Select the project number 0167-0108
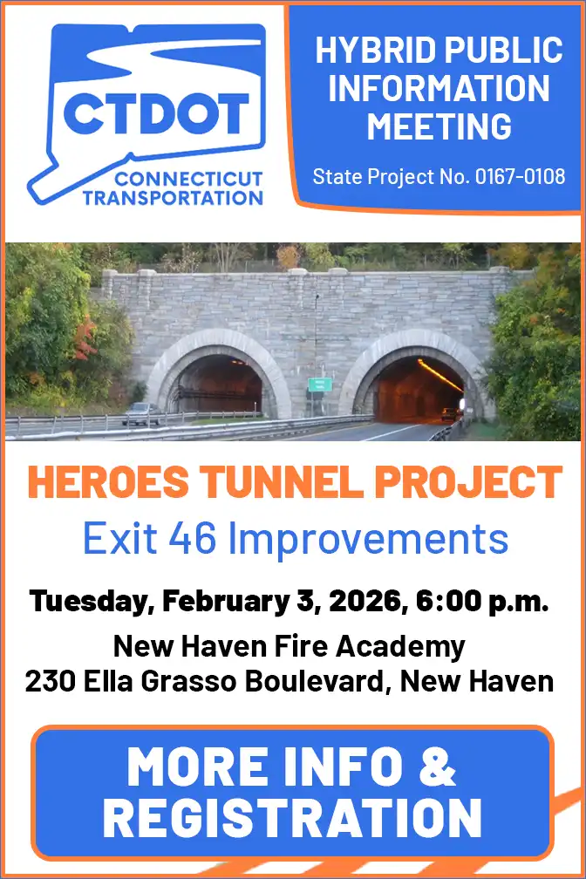[x=521, y=177]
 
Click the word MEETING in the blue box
[x=438, y=127]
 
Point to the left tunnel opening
[x=217, y=385]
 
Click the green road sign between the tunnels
[x=320, y=385]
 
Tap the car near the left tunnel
[x=141, y=414]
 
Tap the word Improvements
[x=373, y=538]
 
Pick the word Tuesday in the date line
[x=85, y=602]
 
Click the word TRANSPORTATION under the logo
[x=173, y=197]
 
